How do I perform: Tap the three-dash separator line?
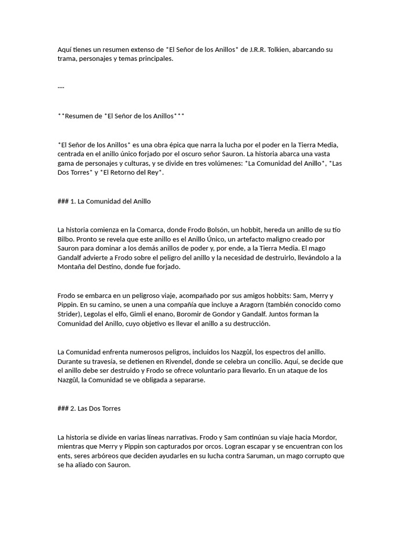(x=61, y=87)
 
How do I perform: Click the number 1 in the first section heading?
(x=72, y=201)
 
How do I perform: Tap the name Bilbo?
(x=66, y=239)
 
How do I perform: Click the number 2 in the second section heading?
(x=72, y=409)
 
